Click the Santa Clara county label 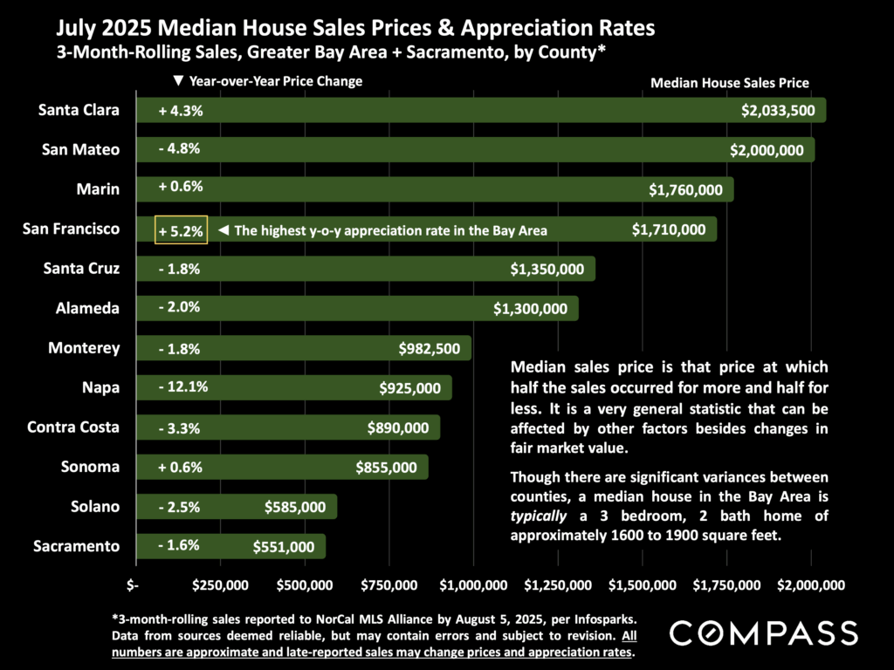point(79,110)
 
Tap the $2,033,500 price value point(777,111)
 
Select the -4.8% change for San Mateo point(180,149)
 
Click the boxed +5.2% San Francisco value point(181,230)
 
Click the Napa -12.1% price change point(183,387)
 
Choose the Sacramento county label point(76,546)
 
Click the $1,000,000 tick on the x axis point(471,584)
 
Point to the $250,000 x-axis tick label point(218,584)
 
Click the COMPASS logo point(763,632)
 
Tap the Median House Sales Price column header point(730,84)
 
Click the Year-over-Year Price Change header point(268,81)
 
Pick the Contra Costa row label point(73,427)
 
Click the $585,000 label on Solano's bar point(295,507)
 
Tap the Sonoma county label point(90,467)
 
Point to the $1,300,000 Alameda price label point(530,308)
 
